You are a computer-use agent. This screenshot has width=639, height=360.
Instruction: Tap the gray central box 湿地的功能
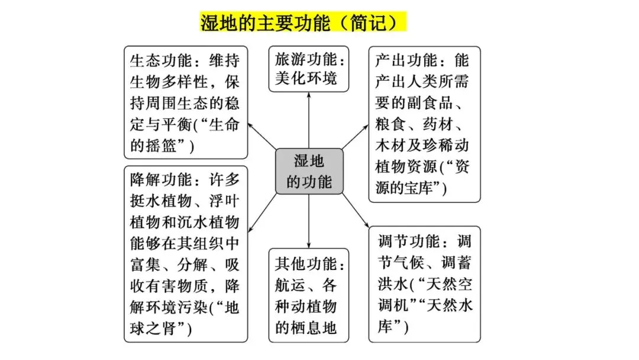[x=309, y=171]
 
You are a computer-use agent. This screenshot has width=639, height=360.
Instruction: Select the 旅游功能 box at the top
[x=309, y=69]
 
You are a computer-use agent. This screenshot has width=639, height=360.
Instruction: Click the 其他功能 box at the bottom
[x=309, y=295]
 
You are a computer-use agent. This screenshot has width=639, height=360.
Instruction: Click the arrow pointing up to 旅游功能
[x=309, y=118]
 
